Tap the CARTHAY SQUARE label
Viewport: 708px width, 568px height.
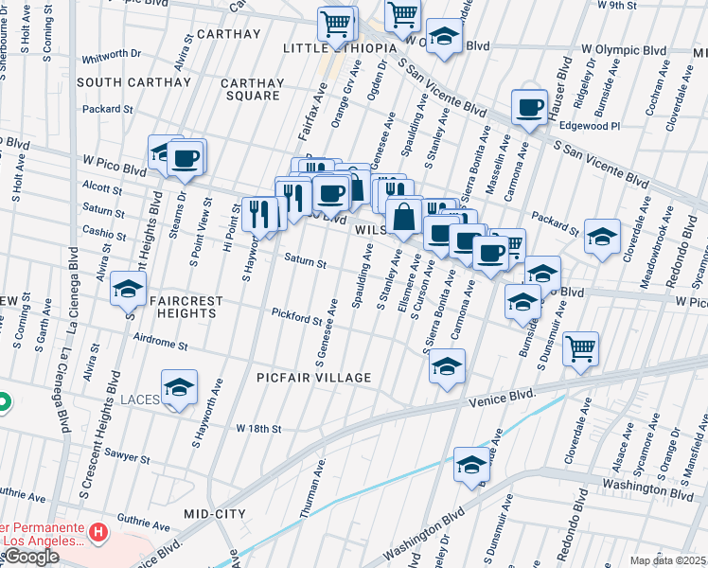[251, 89]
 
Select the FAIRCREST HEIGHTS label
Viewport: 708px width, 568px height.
[187, 307]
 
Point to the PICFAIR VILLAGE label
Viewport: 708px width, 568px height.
[314, 378]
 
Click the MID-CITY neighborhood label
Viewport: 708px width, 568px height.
[215, 513]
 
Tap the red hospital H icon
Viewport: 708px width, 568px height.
[97, 535]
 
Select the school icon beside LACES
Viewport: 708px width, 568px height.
[179, 387]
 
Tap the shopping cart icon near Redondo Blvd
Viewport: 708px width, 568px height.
[580, 347]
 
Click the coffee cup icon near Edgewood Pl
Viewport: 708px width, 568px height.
[530, 106]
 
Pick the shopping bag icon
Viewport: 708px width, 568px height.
[403, 215]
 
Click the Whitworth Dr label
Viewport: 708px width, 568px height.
[112, 58]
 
